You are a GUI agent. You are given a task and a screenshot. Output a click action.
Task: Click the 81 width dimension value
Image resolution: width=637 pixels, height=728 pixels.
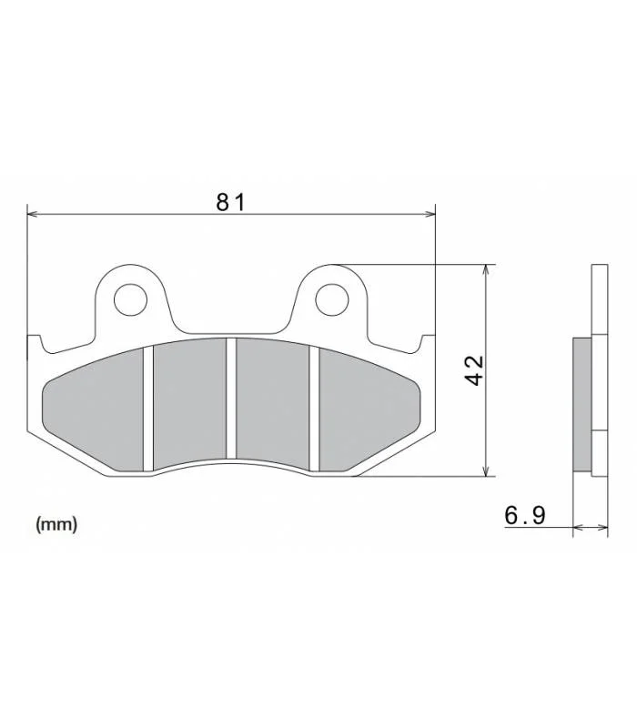point(230,202)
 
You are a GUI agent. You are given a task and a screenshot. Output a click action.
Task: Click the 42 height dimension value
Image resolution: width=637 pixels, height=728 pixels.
point(474,370)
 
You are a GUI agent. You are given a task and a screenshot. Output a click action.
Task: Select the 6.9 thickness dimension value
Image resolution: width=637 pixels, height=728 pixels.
point(525,515)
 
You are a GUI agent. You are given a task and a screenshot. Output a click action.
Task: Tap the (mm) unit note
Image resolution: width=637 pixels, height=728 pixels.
point(56,524)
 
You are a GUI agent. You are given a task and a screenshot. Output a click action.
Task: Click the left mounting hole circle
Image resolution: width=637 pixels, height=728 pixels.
point(130,300)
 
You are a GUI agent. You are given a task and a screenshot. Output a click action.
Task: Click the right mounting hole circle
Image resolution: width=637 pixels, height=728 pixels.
point(332,299)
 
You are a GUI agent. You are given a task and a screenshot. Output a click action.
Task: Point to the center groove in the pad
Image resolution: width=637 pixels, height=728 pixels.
point(231,399)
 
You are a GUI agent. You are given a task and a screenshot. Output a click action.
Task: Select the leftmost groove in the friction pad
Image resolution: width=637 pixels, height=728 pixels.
point(148,409)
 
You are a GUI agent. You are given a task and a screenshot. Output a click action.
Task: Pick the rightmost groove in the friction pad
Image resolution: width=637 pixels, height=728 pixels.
point(314,409)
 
